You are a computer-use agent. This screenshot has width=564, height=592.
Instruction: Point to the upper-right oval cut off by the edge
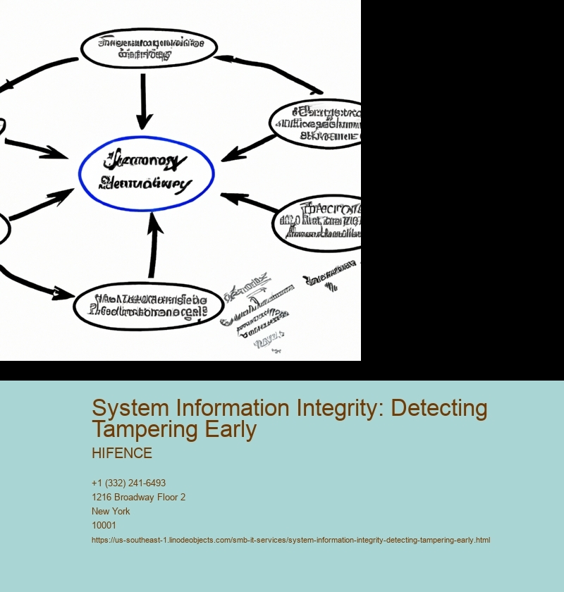(x=317, y=124)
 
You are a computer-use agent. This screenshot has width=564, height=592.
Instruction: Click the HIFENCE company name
(x=121, y=453)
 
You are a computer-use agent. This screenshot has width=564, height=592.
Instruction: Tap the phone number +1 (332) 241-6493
(x=128, y=483)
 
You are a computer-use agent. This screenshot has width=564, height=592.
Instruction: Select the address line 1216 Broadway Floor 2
(x=138, y=497)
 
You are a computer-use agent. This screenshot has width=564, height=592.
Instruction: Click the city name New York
(x=111, y=511)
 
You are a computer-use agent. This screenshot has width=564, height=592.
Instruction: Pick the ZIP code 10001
(x=104, y=525)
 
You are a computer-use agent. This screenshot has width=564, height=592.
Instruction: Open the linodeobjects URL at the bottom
(x=290, y=540)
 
